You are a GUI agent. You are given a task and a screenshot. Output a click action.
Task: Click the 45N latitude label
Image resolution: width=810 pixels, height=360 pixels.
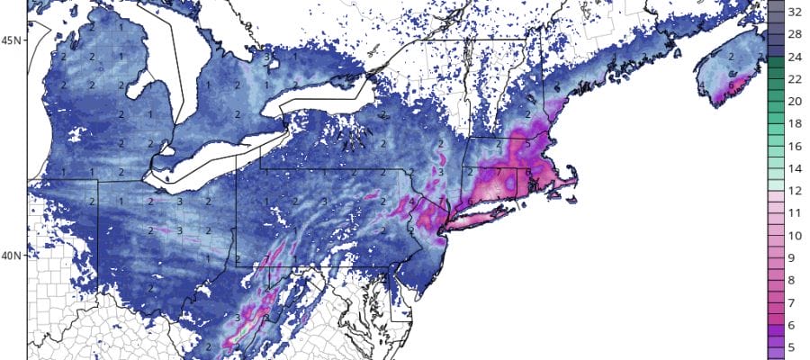click(x=13, y=40)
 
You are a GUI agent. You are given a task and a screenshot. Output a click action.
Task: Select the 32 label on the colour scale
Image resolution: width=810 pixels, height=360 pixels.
click(x=796, y=13)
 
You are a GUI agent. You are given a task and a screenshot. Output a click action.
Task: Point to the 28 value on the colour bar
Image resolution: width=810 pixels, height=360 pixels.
click(x=796, y=35)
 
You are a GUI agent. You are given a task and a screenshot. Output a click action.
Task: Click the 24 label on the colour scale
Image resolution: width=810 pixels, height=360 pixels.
click(x=796, y=57)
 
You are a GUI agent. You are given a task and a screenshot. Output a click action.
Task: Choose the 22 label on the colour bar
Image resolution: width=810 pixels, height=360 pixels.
click(x=796, y=79)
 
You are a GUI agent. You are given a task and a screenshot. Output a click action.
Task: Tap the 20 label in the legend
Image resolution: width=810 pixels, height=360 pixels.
click(x=796, y=101)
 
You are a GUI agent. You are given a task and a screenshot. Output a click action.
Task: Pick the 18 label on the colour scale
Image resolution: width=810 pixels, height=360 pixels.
click(x=796, y=123)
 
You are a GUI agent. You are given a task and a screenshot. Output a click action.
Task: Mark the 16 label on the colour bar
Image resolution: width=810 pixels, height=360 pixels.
click(x=796, y=145)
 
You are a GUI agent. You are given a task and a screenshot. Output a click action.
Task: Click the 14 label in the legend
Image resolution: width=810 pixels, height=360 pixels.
click(x=796, y=167)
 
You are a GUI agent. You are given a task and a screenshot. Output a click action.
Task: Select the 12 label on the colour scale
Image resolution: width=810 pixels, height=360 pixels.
click(x=796, y=190)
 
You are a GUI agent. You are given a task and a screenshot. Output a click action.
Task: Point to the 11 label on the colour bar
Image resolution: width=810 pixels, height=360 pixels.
click(x=796, y=212)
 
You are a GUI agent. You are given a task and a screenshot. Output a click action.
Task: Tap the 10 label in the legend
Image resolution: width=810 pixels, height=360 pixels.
click(x=796, y=235)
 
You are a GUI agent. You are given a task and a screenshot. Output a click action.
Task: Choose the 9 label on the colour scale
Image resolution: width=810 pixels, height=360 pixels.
click(x=796, y=257)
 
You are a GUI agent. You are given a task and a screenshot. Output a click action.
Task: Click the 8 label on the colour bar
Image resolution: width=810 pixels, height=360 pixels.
click(x=796, y=280)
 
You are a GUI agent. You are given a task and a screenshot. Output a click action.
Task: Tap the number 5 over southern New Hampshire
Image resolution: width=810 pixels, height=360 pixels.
click(x=526, y=144)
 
